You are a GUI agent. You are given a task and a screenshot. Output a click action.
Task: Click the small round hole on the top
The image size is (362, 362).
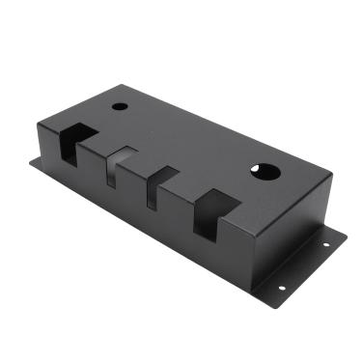pyautogui.click(x=119, y=106)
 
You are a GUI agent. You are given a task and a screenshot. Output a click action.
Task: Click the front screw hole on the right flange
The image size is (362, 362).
pyautogui.click(x=282, y=287)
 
